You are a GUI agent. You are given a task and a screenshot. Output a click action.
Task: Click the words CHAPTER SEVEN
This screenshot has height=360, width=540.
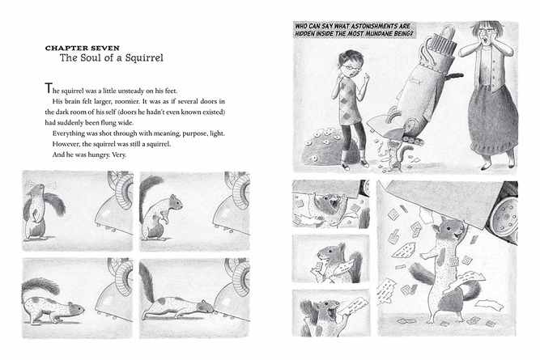(83, 48)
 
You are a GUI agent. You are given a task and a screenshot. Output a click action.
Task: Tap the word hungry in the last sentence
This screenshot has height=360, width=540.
(99, 155)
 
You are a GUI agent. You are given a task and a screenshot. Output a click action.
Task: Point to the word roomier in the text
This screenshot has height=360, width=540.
(127, 102)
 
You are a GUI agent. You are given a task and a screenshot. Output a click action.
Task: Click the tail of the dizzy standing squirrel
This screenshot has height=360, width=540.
(55, 205)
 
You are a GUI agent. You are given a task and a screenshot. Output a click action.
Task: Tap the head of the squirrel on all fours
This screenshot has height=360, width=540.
(75, 309)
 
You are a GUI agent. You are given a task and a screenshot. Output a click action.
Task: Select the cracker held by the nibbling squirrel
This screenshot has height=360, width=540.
(319, 267)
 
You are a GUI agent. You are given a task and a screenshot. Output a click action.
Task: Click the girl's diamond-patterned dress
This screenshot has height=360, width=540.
(351, 102)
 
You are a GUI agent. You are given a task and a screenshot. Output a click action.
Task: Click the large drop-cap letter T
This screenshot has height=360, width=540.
(49, 88)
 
